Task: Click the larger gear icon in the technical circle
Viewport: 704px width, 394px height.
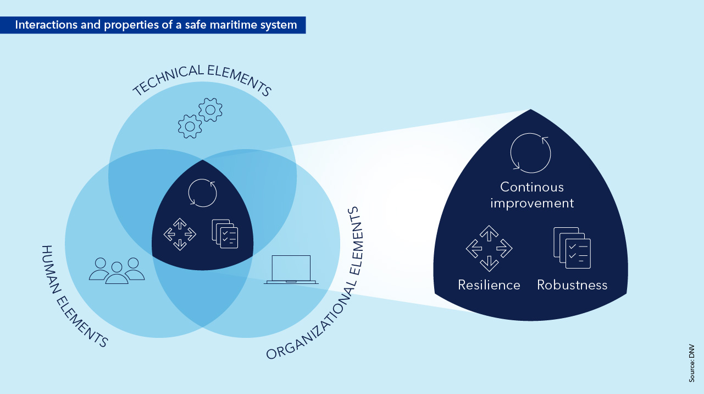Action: (x=210, y=110)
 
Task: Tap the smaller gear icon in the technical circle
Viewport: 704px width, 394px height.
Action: (x=190, y=126)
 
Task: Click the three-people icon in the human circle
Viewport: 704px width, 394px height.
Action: (x=117, y=270)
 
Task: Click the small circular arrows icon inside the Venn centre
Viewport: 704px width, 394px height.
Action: (x=203, y=192)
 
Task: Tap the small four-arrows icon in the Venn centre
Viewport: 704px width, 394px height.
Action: (x=180, y=234)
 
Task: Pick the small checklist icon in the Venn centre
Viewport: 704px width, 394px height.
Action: (x=225, y=234)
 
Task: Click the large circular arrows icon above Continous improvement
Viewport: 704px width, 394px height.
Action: (x=530, y=153)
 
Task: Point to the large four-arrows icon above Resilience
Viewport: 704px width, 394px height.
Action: (x=489, y=249)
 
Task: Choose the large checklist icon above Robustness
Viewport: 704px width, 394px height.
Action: (x=572, y=248)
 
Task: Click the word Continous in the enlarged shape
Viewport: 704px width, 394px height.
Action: (x=532, y=187)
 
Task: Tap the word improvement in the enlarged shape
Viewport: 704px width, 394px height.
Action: (x=532, y=203)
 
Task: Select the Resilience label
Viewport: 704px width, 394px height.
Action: (x=489, y=285)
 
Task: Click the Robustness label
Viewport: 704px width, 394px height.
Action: (x=572, y=285)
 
